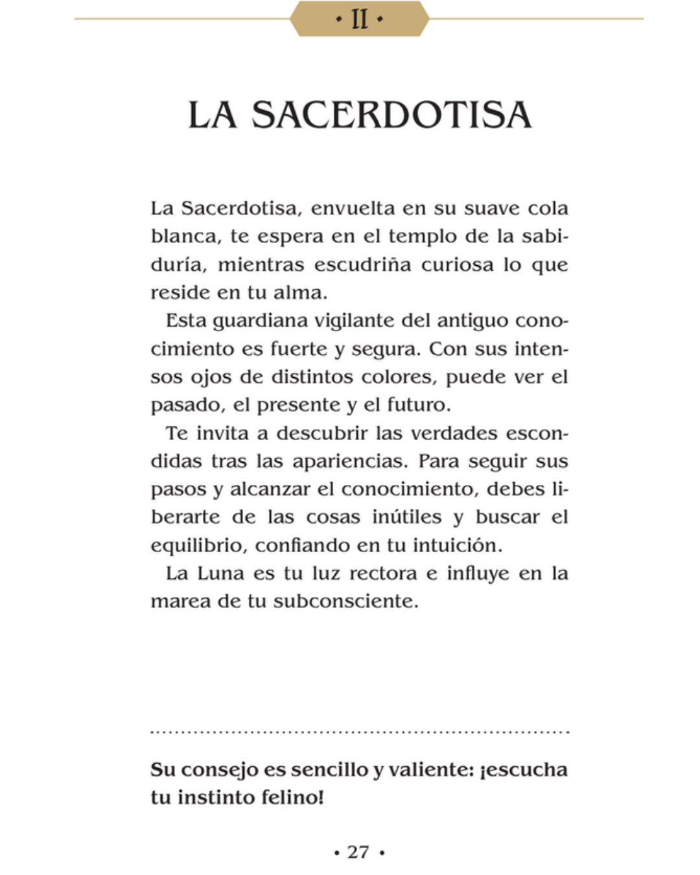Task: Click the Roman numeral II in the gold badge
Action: [x=359, y=19]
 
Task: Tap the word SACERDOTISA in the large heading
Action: [x=391, y=115]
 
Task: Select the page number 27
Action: [x=358, y=852]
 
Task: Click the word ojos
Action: [x=211, y=378]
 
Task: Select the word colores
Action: [x=399, y=377]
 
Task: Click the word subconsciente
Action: [x=345, y=601]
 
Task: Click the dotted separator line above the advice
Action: [x=359, y=732]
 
